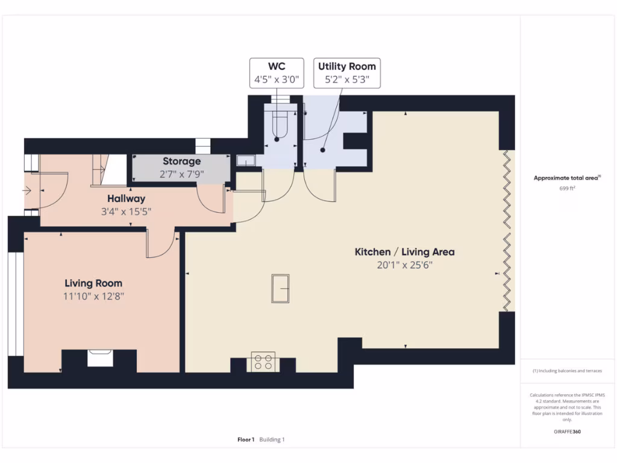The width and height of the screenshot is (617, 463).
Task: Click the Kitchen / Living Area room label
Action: [x=404, y=252]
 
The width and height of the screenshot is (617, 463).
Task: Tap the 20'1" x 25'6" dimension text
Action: [x=404, y=265]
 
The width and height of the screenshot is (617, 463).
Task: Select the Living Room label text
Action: [x=93, y=283]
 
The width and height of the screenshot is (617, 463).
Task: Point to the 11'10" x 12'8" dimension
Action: [x=93, y=296]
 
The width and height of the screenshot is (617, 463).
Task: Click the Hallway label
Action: [x=126, y=198]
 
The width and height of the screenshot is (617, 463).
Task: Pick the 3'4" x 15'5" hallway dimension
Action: [x=126, y=211]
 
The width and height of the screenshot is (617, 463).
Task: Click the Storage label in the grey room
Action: [x=181, y=162]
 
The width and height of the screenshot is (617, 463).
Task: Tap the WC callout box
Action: [x=277, y=73]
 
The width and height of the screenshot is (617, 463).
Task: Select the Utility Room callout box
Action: [x=347, y=73]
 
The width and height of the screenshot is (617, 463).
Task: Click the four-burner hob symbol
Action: [x=263, y=362]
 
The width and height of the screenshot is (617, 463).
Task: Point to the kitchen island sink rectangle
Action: [x=281, y=288]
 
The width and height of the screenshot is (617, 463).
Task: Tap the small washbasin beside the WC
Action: [x=246, y=160]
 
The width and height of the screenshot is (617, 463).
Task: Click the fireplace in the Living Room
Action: [x=99, y=358]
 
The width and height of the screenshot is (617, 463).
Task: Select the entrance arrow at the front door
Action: [x=27, y=191]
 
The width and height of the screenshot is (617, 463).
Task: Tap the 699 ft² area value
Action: [x=568, y=188]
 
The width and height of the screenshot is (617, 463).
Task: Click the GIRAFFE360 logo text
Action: [x=568, y=432]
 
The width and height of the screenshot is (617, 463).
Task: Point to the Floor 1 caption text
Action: [x=246, y=439]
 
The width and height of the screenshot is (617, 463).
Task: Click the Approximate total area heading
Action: [x=566, y=178]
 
